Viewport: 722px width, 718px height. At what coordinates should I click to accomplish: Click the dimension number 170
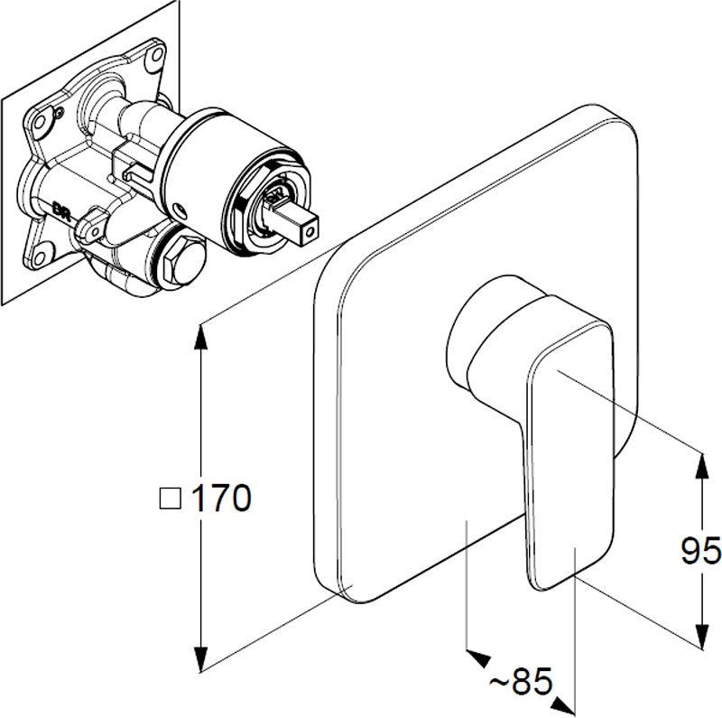(220, 498)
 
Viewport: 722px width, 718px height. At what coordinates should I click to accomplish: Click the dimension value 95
(700, 550)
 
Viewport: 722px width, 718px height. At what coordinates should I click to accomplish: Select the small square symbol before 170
(169, 498)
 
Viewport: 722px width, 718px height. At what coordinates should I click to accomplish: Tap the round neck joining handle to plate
(478, 334)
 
